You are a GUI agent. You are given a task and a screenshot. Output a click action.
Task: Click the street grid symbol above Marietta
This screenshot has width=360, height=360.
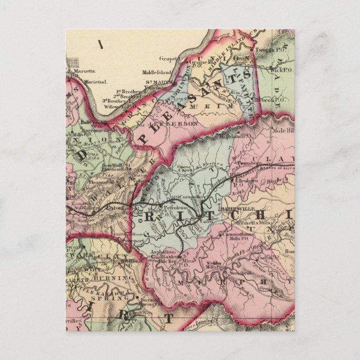pyautogui.click(x=73, y=63)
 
